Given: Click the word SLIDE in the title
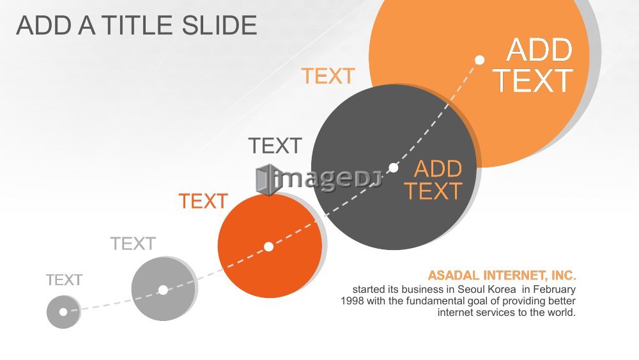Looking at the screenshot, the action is [219, 26].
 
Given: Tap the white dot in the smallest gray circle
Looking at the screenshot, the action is [63, 312].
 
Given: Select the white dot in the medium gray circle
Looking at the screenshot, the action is [163, 290].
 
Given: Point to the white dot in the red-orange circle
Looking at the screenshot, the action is [268, 247].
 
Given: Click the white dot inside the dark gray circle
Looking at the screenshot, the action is [393, 168].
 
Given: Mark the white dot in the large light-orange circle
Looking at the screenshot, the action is [480, 60].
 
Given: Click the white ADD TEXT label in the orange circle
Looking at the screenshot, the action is [534, 65].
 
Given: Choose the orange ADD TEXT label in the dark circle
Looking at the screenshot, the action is [433, 180].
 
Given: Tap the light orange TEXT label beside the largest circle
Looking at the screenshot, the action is [328, 76].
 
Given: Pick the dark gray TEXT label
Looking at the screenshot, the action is [275, 146].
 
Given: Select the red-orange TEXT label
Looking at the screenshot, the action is [203, 201].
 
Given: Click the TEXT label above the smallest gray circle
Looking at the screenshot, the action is [64, 280].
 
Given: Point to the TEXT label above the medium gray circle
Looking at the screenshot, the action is [133, 244].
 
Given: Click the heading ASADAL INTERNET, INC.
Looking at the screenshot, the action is [502, 276].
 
